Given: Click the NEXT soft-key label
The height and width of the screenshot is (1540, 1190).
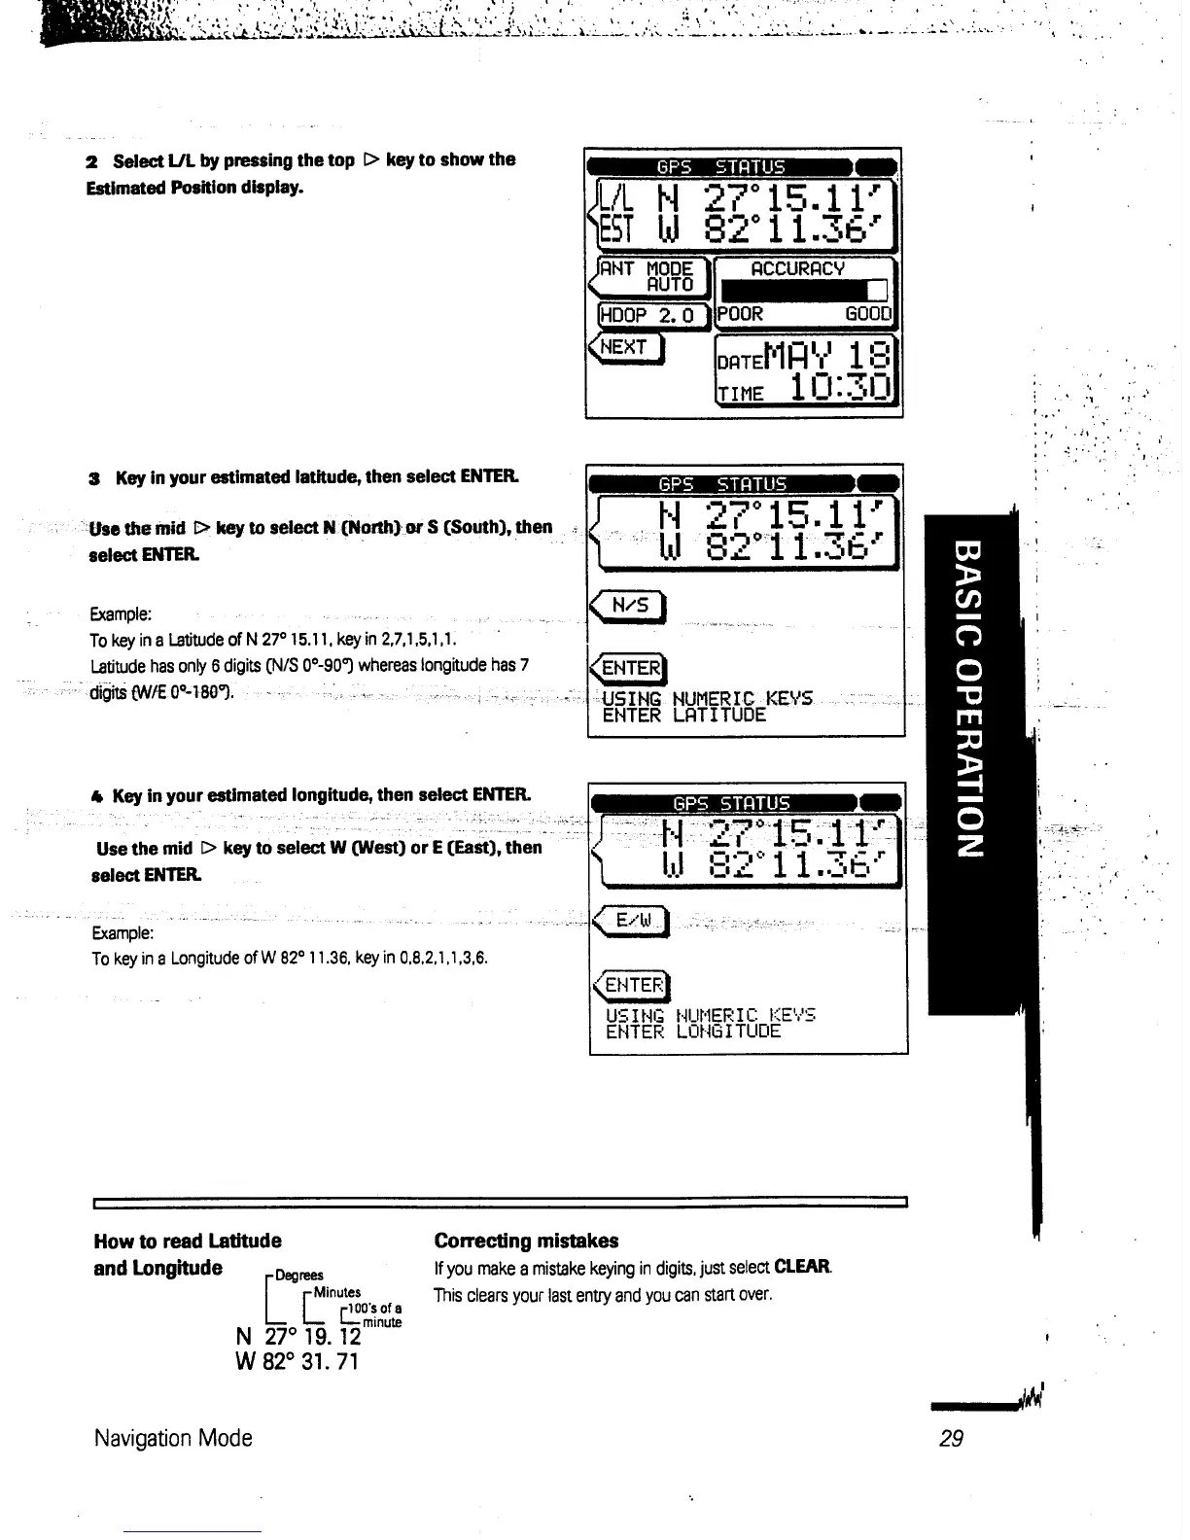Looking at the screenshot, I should [x=624, y=347].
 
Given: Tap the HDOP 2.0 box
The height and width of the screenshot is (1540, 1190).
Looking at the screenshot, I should [x=647, y=315].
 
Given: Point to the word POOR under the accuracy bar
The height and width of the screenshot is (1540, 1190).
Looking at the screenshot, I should [x=741, y=315].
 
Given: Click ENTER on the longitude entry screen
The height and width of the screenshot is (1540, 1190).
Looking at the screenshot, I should [x=633, y=985].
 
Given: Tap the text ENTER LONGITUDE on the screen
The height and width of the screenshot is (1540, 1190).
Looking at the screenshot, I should [x=693, y=1032].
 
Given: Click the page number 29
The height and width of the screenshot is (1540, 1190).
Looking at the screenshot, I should [x=951, y=1438].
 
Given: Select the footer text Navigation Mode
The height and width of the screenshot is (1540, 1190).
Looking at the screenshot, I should [x=173, y=1438].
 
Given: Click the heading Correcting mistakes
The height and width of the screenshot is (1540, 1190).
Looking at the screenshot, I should [x=526, y=1241].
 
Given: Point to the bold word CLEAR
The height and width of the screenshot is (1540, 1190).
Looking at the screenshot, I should [x=803, y=1268].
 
